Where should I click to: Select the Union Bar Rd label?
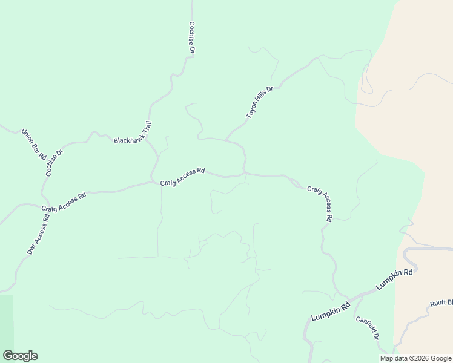[x=34, y=144]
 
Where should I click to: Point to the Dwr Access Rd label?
[x=38, y=234]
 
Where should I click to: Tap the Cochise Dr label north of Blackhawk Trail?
[x=191, y=38]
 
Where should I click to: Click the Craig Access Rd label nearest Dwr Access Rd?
[x=64, y=202]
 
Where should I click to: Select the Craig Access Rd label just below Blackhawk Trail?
[x=183, y=177]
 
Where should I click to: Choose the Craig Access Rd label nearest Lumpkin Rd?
[x=320, y=203]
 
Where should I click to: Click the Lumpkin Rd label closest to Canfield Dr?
[x=331, y=312]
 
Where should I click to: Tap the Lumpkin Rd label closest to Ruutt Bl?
[x=394, y=279]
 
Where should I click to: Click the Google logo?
[x=20, y=356]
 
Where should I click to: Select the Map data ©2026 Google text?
[x=415, y=358]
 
